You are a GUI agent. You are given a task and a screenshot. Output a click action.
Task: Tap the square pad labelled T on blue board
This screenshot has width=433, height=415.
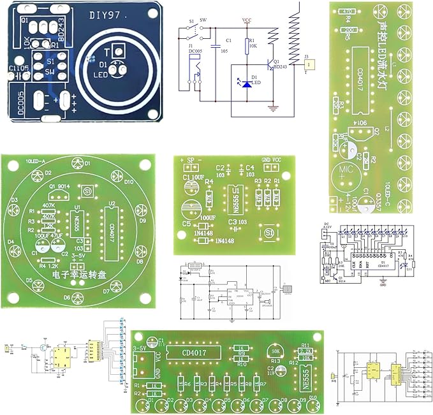[x=117, y=51]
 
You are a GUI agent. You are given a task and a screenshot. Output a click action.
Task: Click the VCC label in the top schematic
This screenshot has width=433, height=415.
[x=247, y=20]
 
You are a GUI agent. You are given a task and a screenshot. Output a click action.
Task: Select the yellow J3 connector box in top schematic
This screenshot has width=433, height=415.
[x=309, y=64]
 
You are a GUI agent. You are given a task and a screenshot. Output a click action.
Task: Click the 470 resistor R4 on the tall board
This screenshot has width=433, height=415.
[x=348, y=11]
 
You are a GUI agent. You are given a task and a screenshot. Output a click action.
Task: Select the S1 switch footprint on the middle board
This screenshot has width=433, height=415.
[x=269, y=235]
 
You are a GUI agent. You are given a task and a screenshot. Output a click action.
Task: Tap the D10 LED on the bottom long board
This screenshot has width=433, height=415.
[x=312, y=403]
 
